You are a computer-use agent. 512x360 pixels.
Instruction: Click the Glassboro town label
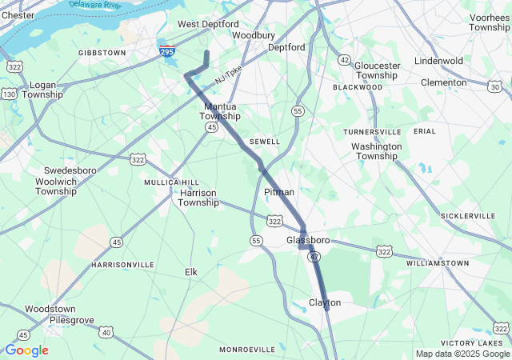tap(308, 240)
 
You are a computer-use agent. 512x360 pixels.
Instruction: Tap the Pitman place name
tap(279, 193)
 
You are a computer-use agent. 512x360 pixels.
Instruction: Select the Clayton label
tap(325, 302)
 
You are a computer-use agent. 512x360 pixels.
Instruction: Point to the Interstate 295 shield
tap(166, 51)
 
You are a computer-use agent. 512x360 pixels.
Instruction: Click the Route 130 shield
tap(10, 94)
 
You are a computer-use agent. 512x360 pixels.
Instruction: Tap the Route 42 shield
tap(344, 60)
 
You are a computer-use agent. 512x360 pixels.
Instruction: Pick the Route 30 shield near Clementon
tap(495, 86)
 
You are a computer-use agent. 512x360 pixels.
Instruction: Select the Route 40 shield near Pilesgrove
tap(106, 331)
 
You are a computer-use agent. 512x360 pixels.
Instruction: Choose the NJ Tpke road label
tap(228, 75)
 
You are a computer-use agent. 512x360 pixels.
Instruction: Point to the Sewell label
tap(265, 142)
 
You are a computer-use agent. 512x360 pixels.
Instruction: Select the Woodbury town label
tap(254, 35)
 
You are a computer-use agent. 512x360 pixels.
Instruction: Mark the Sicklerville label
tap(468, 216)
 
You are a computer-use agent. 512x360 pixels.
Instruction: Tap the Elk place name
tap(191, 272)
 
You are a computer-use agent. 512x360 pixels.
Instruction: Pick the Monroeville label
tap(247, 350)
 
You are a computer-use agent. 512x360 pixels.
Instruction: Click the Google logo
tap(26, 350)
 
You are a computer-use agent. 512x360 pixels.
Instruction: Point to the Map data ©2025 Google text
tap(462, 354)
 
